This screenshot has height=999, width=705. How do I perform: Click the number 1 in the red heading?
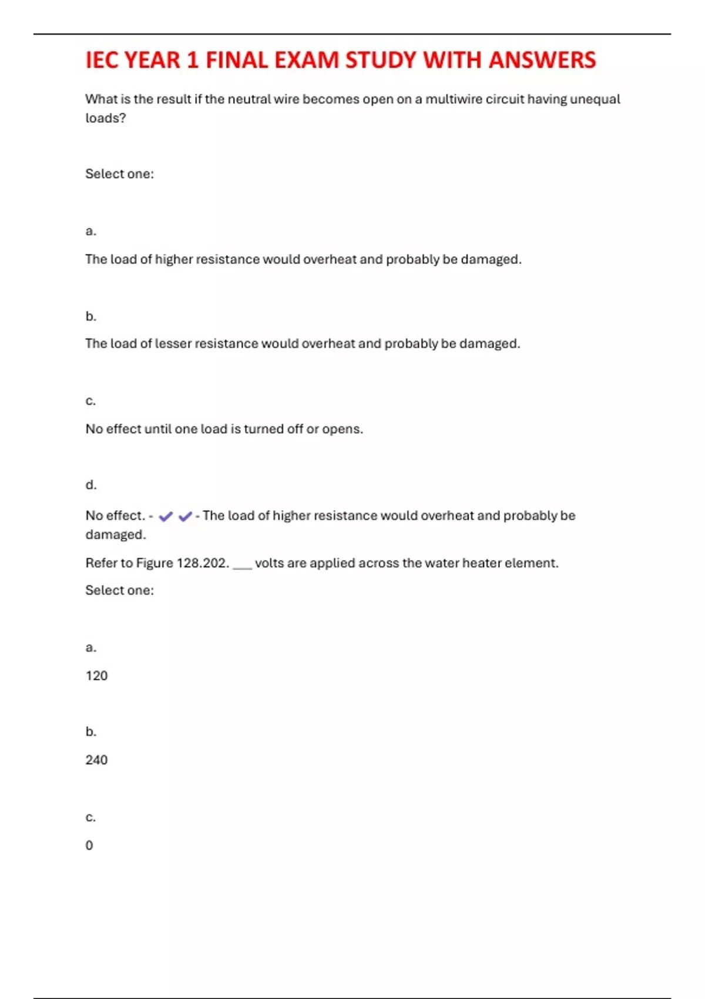[x=193, y=61]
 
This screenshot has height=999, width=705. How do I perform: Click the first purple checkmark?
[x=166, y=517]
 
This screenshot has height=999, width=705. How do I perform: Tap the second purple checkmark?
[x=185, y=517]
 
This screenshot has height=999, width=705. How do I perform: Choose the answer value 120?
[x=96, y=676]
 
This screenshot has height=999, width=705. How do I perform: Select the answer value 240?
[x=96, y=760]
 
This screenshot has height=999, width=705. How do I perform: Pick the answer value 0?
[x=89, y=846]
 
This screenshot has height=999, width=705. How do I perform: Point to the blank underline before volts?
[x=242, y=565]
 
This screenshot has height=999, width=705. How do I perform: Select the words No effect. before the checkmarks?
[x=115, y=516]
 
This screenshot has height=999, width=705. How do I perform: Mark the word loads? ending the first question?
[x=106, y=118]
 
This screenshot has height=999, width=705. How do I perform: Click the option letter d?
[x=90, y=485]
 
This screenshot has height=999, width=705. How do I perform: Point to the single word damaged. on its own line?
[x=116, y=535]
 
